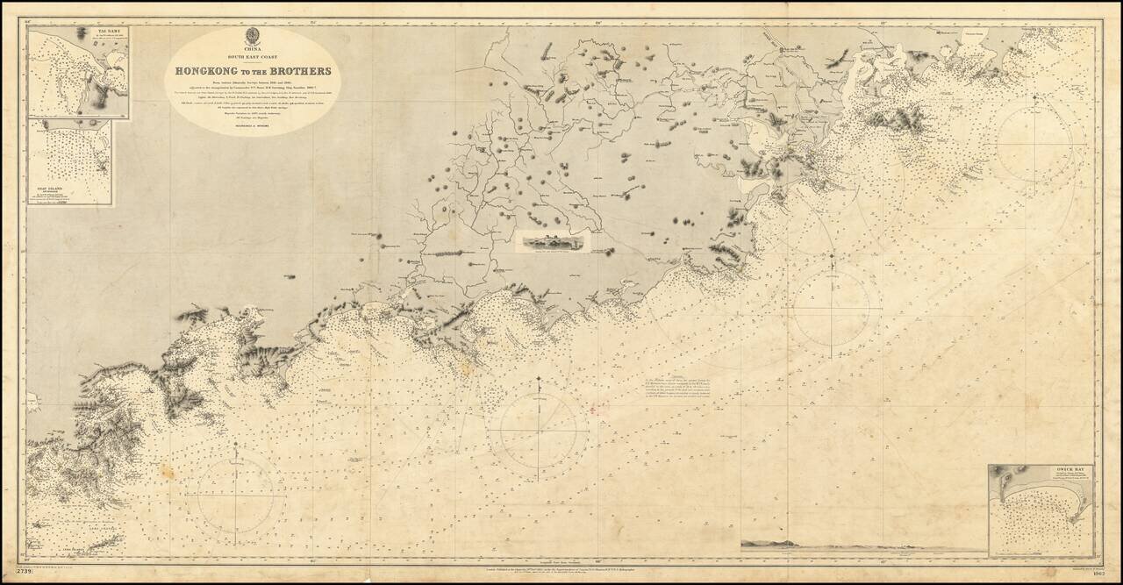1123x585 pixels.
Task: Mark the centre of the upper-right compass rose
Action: click(x=1035, y=140)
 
